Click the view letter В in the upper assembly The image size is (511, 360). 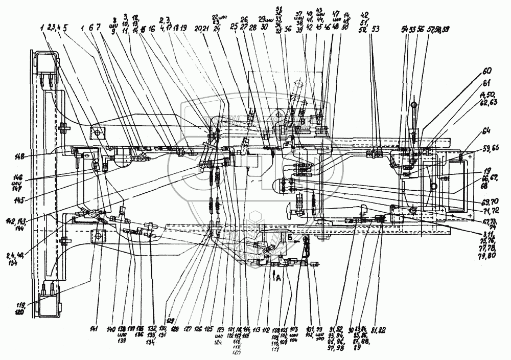[x=303, y=121]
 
